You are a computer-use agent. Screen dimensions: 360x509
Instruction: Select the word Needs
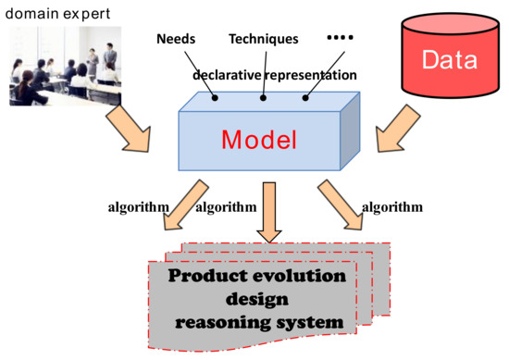click(175, 39)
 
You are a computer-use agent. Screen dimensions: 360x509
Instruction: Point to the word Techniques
click(264, 39)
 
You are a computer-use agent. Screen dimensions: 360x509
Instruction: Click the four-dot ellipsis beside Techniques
click(341, 37)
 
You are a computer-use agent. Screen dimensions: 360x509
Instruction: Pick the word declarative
click(226, 73)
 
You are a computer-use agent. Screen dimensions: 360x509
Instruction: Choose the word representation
click(306, 73)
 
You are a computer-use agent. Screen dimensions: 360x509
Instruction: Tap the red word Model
click(259, 140)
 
